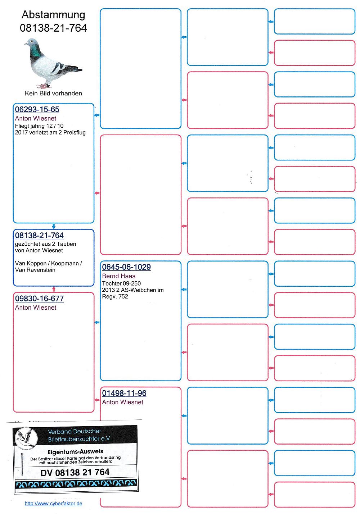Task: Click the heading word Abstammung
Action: pyautogui.click(x=53, y=15)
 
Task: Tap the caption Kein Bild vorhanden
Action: pyautogui.click(x=53, y=94)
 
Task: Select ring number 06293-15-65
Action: pyautogui.click(x=37, y=110)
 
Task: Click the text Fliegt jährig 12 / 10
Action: pyautogui.click(x=39, y=126)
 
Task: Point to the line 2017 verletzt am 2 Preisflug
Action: pyautogui.click(x=50, y=132)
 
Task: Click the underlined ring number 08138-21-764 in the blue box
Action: pyautogui.click(x=39, y=236)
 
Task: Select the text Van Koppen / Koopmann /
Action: pyautogui.click(x=49, y=263)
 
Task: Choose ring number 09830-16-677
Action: pyautogui.click(x=39, y=299)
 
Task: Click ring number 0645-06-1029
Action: pyautogui.click(x=126, y=267)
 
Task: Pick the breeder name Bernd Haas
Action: pyautogui.click(x=119, y=276)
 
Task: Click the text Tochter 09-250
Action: pyautogui.click(x=121, y=283)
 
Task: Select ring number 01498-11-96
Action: pyautogui.click(x=124, y=393)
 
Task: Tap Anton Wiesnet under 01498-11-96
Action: pyautogui.click(x=123, y=402)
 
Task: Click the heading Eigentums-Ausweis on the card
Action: pyautogui.click(x=75, y=451)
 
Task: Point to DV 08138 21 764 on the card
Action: pyautogui.click(x=75, y=472)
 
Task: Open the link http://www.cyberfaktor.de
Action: pyautogui.click(x=53, y=504)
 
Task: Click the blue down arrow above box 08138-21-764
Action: pyautogui.click(x=54, y=226)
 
